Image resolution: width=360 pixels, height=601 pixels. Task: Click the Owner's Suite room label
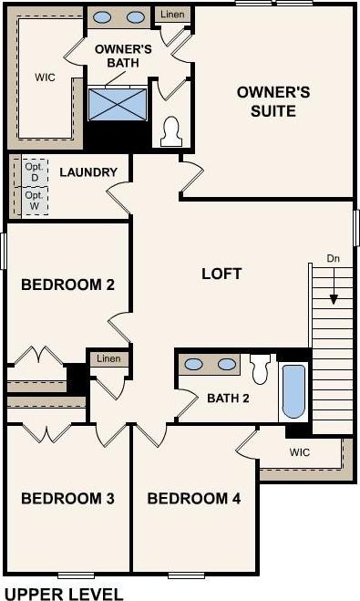click(x=273, y=101)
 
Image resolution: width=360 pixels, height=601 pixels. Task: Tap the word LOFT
click(x=221, y=274)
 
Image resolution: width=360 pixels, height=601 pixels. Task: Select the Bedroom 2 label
click(x=67, y=285)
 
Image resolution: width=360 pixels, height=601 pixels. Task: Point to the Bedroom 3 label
click(x=67, y=498)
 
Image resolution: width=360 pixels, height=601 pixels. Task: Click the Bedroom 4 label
click(x=194, y=498)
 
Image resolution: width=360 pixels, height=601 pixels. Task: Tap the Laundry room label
click(x=88, y=172)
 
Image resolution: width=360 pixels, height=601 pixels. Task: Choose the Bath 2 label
click(x=228, y=399)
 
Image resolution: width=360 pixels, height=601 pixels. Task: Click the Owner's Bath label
click(x=123, y=56)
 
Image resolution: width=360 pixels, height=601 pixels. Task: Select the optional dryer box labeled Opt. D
click(x=35, y=172)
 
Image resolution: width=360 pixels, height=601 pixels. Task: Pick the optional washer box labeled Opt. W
click(x=35, y=201)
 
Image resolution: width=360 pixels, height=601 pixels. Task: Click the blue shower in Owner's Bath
click(x=118, y=104)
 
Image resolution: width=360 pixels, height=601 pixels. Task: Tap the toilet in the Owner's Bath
click(x=171, y=131)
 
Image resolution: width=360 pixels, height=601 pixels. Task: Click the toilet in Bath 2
click(x=260, y=368)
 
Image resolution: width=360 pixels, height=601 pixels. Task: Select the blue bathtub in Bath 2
click(x=293, y=391)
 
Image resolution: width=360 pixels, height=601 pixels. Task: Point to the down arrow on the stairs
click(x=334, y=286)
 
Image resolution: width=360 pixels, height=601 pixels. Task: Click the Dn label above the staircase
click(x=334, y=258)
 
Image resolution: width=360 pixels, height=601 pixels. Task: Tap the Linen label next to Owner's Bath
click(x=172, y=15)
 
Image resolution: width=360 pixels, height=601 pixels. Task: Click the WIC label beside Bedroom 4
click(x=300, y=452)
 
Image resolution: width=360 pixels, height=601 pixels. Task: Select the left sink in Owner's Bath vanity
click(x=102, y=17)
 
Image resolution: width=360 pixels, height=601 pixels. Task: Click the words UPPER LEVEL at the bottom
click(x=64, y=594)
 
